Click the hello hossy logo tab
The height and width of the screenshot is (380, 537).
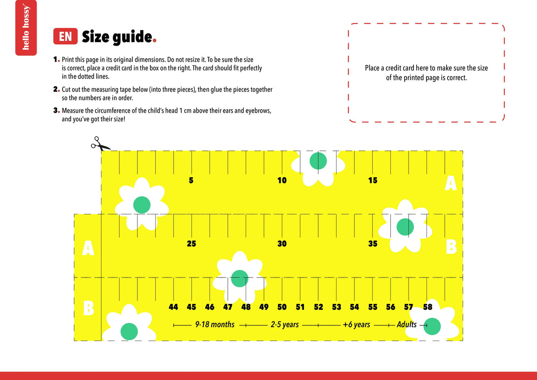click(26, 28)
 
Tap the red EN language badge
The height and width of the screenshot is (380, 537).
click(65, 36)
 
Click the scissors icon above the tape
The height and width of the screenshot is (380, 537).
click(100, 144)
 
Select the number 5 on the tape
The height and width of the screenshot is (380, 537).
click(191, 180)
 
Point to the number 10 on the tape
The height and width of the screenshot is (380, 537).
click(282, 180)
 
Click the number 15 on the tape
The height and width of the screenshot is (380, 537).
click(373, 180)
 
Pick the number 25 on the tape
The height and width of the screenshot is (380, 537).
click(192, 243)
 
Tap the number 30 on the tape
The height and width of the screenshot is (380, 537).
click(282, 243)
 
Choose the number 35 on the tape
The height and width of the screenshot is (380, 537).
click(373, 243)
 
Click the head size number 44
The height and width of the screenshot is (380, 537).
click(173, 307)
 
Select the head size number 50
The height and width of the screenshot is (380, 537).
click(282, 307)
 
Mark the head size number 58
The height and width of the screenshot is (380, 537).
click(428, 307)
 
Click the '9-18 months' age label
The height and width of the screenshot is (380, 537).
click(215, 324)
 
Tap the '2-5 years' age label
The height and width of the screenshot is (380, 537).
click(285, 324)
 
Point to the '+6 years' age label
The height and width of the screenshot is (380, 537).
click(357, 324)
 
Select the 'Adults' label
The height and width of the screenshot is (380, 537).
click(407, 324)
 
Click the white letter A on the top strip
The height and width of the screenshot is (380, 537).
click(451, 183)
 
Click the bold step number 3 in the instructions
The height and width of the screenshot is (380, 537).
click(55, 110)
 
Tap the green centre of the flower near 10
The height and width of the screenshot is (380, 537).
click(318, 161)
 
